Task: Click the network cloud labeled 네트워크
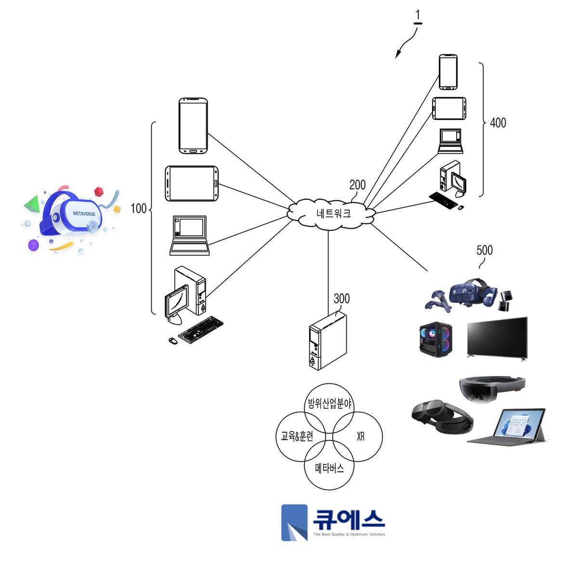331,213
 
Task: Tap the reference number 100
138,208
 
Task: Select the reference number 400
498,123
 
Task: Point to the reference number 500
485,250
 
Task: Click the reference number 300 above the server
342,298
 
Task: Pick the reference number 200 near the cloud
357,185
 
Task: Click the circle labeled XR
358,436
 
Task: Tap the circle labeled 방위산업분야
329,408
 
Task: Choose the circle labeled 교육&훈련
301,436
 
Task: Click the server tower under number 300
328,341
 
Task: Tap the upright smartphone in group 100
193,126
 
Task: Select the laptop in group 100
189,235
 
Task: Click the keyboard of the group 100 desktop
201,329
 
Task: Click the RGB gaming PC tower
435,340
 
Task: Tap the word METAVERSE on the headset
84,214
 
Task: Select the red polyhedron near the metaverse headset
99,191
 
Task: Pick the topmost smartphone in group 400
448,72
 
